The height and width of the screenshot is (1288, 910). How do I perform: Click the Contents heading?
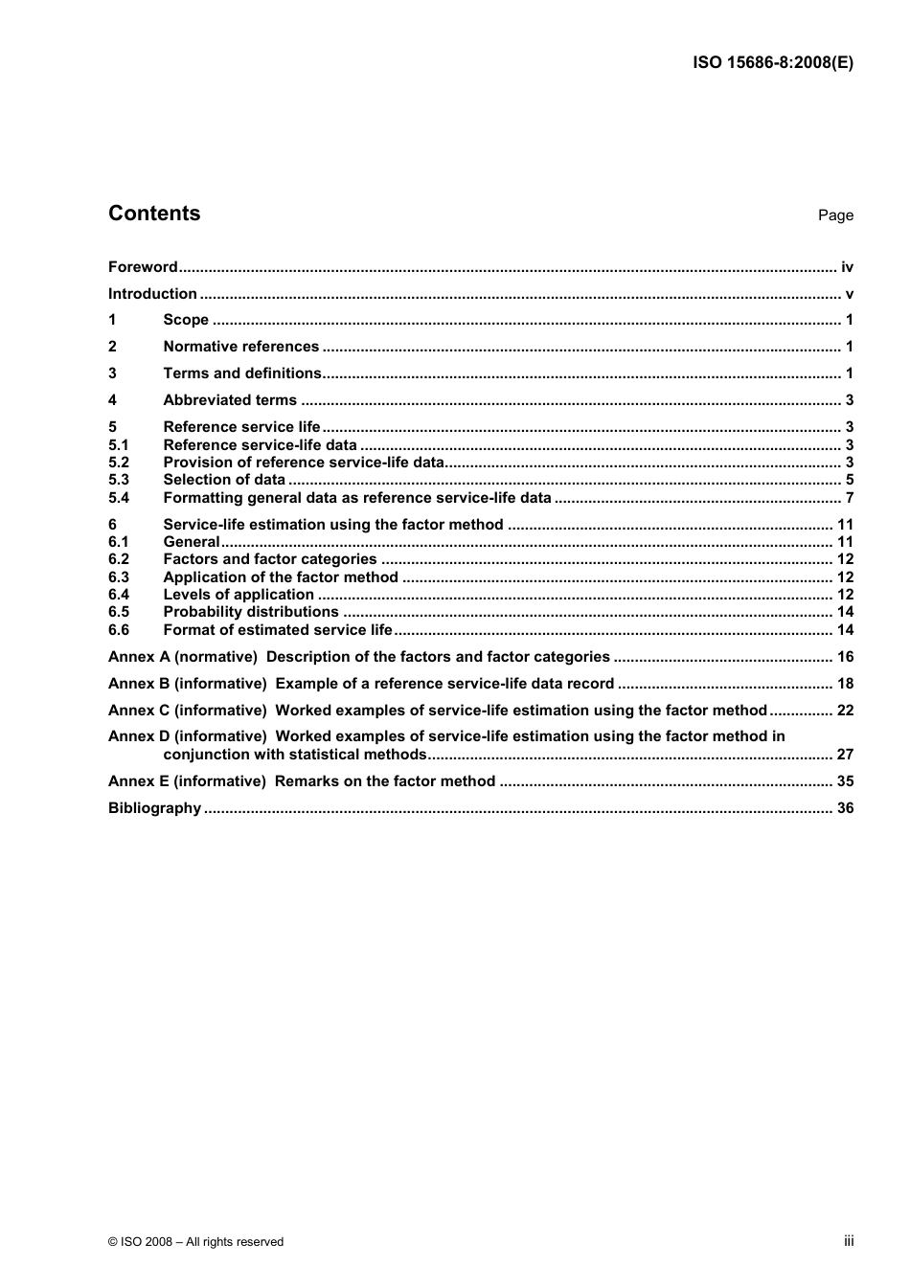[x=154, y=214]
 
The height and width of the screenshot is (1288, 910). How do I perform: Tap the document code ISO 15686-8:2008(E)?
[x=773, y=63]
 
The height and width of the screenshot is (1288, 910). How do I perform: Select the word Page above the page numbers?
[x=835, y=215]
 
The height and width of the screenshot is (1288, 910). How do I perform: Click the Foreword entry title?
[x=143, y=267]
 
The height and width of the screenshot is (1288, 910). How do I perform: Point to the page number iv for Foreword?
[x=847, y=267]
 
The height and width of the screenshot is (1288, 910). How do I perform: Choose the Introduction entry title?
[x=152, y=294]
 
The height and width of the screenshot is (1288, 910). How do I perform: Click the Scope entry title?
[x=186, y=320]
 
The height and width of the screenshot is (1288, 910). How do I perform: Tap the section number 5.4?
[x=119, y=498]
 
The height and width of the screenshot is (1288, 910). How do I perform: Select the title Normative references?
[x=240, y=347]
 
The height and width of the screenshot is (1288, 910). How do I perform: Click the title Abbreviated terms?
[x=230, y=400]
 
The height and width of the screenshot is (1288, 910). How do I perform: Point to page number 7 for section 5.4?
[x=849, y=498]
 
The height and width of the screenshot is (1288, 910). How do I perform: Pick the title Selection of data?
[x=224, y=480]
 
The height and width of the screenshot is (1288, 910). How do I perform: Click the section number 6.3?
[x=119, y=577]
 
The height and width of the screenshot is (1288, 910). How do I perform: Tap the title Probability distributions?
[x=251, y=612]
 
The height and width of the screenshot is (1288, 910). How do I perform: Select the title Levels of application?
[x=239, y=595]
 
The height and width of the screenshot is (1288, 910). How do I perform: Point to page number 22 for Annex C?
[x=845, y=711]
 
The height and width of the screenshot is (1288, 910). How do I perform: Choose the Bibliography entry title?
[x=155, y=808]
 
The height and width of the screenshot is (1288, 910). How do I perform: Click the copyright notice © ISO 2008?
[x=196, y=1242]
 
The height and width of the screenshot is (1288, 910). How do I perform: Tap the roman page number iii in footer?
[x=849, y=1241]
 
